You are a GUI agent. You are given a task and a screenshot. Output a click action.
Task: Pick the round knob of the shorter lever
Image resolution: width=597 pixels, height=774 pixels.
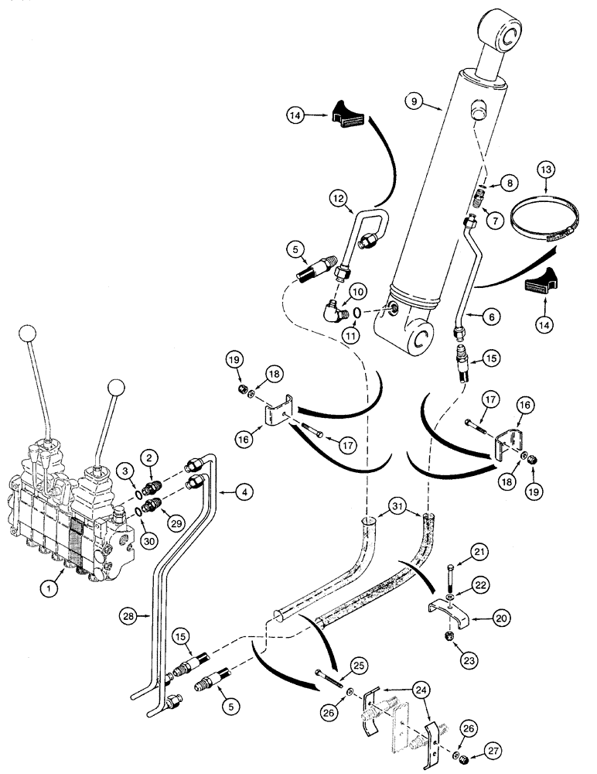point(117,386)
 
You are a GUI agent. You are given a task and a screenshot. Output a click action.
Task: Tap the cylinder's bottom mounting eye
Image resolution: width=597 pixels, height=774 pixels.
point(422,337)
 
